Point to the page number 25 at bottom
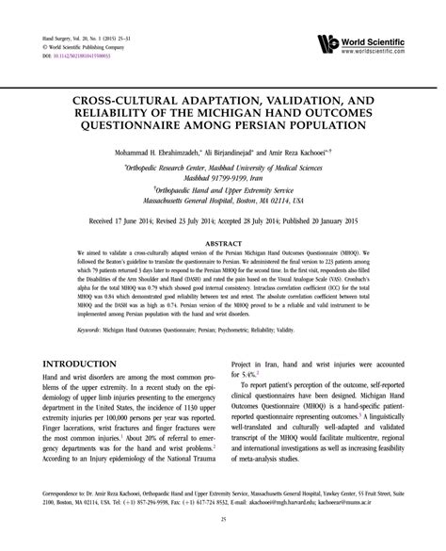(222, 518)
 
